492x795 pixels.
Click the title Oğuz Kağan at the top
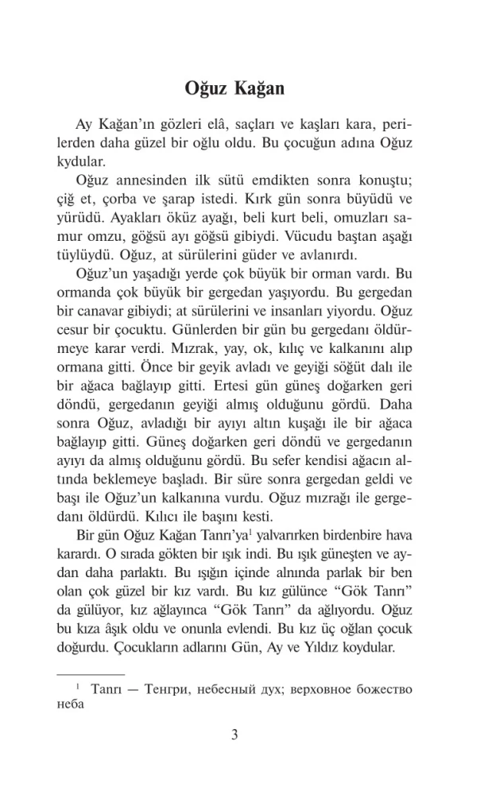(x=234, y=87)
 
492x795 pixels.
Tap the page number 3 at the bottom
(x=234, y=734)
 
